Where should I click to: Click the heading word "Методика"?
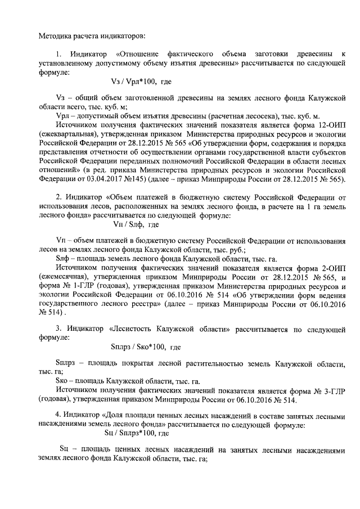click(55, 37)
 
